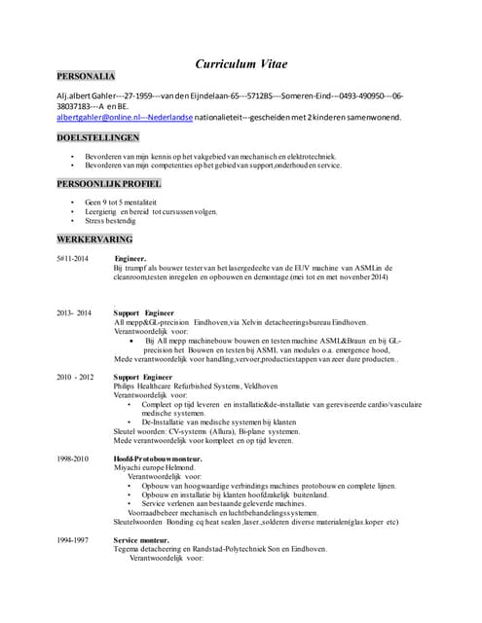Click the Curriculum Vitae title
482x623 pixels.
[x=241, y=64]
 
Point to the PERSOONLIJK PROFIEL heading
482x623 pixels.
[x=108, y=183]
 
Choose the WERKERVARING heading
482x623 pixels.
[x=93, y=238]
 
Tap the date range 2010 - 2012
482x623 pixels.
[x=75, y=376]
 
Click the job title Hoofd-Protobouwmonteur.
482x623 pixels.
[x=158, y=458]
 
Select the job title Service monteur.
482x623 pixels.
[x=141, y=539]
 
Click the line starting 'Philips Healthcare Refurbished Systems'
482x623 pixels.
[x=182, y=385]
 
